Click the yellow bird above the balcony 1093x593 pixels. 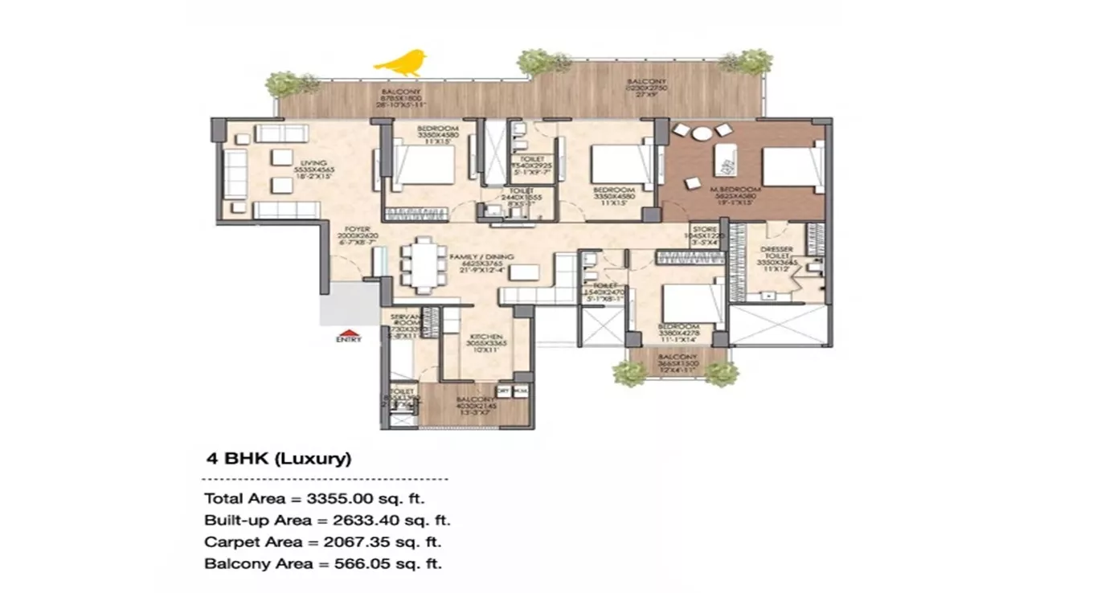point(400,62)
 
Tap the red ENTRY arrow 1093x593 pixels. point(348,332)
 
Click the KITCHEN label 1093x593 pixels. point(486,337)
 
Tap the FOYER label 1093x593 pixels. point(358,229)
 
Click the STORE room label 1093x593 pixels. point(705,229)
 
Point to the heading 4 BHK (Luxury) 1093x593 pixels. point(278,460)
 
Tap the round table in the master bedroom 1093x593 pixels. point(702,133)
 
